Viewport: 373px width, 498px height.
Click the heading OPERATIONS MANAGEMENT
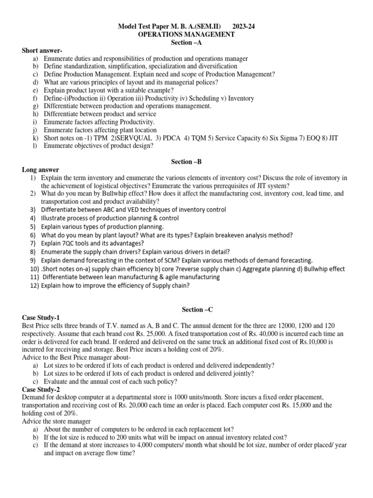[x=186, y=35]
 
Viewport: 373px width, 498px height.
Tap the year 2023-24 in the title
[x=244, y=27]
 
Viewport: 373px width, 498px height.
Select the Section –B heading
[x=186, y=161]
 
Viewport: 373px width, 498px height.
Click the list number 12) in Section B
[x=34, y=285]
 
